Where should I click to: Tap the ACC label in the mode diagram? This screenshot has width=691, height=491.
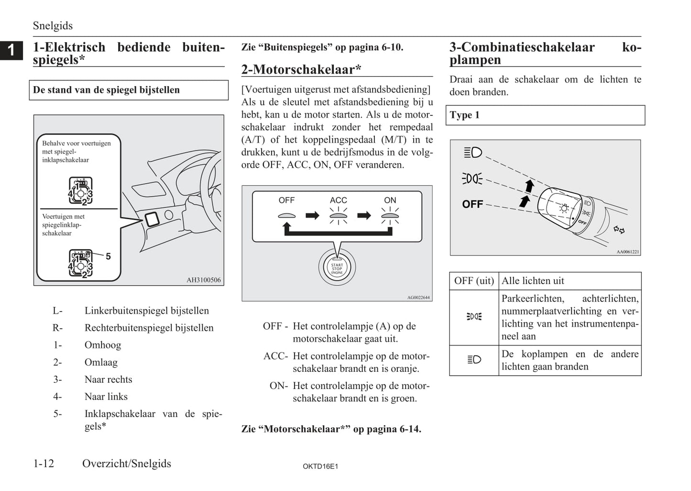[338, 200]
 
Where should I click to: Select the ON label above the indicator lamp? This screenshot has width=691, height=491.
[390, 200]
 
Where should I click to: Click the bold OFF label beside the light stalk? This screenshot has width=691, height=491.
[472, 204]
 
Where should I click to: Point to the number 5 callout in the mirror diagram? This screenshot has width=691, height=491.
[108, 257]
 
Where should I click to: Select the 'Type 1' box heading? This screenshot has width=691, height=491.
[545, 115]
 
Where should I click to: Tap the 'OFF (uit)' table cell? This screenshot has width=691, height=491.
[474, 281]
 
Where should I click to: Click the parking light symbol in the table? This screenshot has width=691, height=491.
[474, 317]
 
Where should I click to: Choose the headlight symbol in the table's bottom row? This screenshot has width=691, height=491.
[474, 360]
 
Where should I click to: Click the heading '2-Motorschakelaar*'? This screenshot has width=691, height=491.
[301, 69]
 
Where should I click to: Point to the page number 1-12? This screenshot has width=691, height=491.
[44, 463]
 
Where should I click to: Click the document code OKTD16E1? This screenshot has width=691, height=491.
[320, 466]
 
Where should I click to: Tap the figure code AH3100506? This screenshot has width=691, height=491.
[204, 280]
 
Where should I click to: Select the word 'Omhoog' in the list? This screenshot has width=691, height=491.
[103, 345]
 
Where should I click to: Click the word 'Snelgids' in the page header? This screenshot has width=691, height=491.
[53, 26]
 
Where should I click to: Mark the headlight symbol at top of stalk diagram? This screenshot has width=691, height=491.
[473, 153]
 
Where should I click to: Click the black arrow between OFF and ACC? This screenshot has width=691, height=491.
[312, 215]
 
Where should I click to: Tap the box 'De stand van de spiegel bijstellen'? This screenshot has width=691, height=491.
[131, 90]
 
